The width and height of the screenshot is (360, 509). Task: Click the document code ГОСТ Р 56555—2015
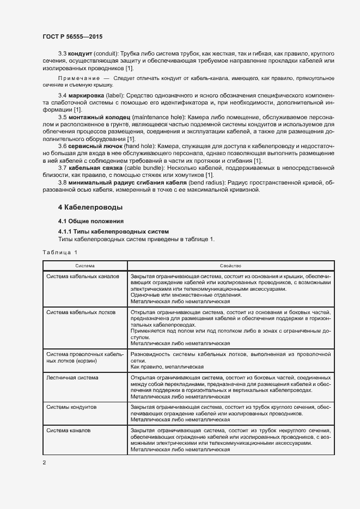coord(72,36)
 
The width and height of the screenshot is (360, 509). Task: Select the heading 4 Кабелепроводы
coord(90,207)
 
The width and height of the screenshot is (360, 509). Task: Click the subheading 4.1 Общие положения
coord(91,221)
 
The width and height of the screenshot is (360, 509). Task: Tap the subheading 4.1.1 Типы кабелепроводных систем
coord(113,232)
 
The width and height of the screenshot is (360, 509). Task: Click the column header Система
coord(85,266)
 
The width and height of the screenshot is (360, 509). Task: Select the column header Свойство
coord(230,266)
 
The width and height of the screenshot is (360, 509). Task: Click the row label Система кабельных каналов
coord(82,277)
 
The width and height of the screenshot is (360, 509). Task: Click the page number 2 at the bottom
coord(45,463)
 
